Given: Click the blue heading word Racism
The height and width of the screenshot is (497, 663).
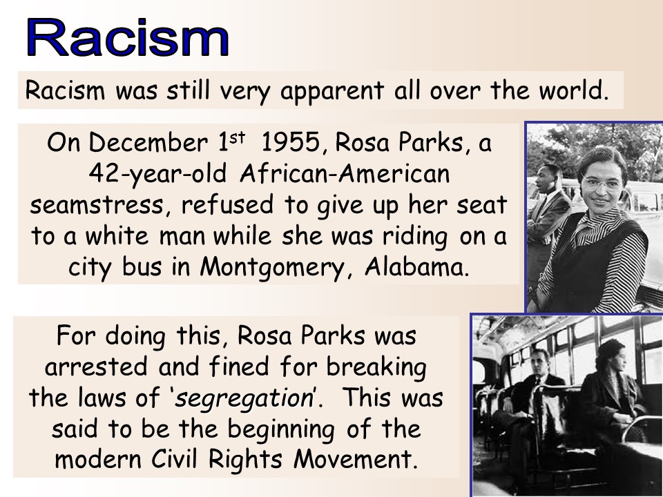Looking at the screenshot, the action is [x=128, y=37].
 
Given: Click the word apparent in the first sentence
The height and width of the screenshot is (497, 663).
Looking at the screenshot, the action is [x=332, y=91].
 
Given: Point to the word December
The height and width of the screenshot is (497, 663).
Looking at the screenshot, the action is [x=148, y=142].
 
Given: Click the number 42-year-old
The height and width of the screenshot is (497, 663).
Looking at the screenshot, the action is [x=157, y=174].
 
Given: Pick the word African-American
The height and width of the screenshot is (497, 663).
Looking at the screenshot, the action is [x=345, y=173].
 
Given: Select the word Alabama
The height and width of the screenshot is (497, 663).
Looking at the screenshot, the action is [x=416, y=266].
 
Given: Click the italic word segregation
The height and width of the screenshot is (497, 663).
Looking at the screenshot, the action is [x=244, y=398].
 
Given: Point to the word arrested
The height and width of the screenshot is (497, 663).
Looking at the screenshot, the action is [x=97, y=367].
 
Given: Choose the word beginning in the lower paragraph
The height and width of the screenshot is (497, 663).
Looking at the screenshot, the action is [x=281, y=430].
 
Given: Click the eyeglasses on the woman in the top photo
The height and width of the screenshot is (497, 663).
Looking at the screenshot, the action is [x=602, y=184].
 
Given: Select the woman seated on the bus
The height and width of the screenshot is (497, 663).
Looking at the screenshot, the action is [x=613, y=393].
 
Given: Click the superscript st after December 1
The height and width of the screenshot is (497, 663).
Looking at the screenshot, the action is [x=237, y=137].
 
